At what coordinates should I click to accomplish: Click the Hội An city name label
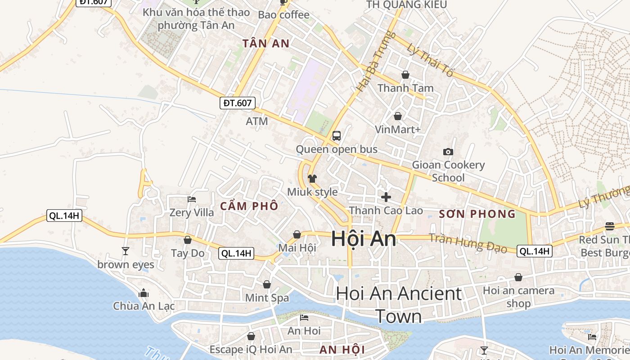pos(364,238)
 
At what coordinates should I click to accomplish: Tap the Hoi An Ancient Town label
pos(399,304)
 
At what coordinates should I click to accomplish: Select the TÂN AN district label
pos(265,44)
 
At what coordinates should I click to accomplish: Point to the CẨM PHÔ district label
pos(249,206)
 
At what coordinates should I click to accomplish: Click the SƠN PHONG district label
pos(477,214)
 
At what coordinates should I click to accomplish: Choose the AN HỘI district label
pos(342,350)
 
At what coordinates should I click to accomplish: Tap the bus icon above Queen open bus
pos(336,135)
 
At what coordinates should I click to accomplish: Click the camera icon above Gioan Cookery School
pos(448,152)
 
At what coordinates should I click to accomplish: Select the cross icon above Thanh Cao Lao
pos(386,197)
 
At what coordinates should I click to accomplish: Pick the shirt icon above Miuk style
pos(312,178)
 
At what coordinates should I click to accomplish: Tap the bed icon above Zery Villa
pos(192,199)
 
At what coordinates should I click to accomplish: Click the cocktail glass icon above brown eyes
pos(126,251)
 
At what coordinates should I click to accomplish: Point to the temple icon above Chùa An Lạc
pos(144,293)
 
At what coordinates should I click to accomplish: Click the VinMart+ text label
pos(398,130)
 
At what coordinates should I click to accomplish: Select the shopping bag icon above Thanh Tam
pos(405,75)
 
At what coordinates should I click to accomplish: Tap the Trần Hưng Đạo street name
pos(468,243)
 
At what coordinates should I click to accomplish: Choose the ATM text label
pos(257,121)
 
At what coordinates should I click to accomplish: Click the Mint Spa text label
pos(267,297)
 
